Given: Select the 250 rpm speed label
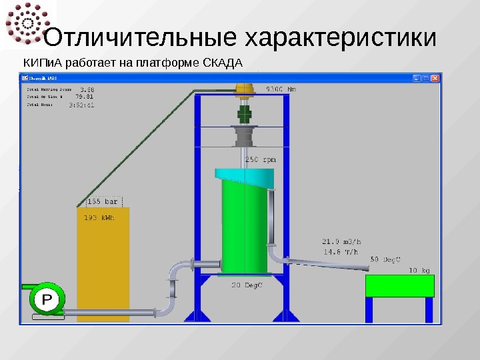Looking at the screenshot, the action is pos(261,160).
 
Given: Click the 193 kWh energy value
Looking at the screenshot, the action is pos(99,217).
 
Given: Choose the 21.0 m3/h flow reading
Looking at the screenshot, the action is pos(341,242).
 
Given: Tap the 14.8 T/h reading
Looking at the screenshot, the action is pos(341,252).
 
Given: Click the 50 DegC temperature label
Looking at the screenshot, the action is pos(385,259).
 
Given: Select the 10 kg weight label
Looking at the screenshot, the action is pos(419,270).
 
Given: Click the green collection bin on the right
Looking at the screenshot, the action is pos(400,286).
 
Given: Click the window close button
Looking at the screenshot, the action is pos(436,78).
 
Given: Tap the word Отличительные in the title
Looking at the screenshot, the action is pos(140,37).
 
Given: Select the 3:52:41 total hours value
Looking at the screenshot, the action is pos(81,104).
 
